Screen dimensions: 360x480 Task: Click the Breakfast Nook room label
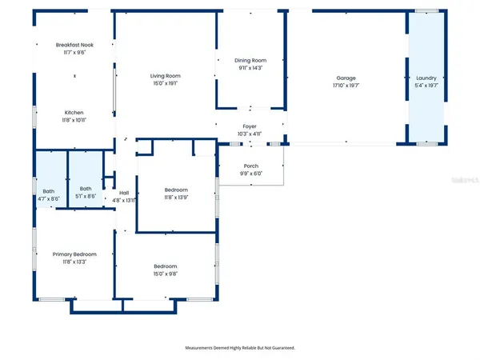click(74, 45)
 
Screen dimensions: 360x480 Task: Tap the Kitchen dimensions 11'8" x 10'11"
click(74, 120)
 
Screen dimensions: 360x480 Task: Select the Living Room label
click(165, 75)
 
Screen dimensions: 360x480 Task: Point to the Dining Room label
click(250, 61)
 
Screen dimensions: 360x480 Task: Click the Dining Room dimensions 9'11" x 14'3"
click(250, 68)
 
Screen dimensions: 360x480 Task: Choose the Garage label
click(346, 78)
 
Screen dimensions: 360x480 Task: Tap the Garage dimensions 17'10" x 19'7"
click(346, 86)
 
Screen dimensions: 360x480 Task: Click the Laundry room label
click(426, 78)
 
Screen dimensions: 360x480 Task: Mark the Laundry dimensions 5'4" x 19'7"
click(426, 86)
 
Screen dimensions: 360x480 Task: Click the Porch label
click(250, 166)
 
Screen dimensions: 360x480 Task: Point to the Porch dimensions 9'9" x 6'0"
click(250, 174)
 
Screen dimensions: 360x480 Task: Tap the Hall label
click(124, 193)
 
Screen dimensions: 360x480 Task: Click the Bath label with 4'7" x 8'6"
click(49, 191)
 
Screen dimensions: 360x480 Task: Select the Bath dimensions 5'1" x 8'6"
click(86, 197)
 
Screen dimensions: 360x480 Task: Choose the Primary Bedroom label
click(74, 254)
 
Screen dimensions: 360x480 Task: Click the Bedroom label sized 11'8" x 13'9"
click(176, 190)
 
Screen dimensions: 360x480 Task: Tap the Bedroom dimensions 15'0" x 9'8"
click(166, 273)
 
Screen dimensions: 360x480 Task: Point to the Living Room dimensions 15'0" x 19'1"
click(165, 82)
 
